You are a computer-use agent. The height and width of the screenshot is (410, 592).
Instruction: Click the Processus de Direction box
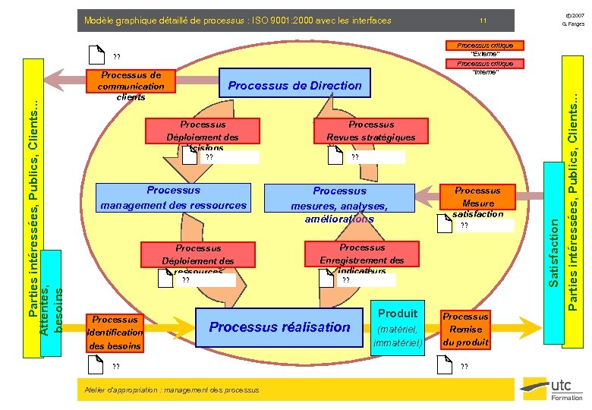[294, 85]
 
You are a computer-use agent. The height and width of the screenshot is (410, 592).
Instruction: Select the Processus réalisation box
[279, 327]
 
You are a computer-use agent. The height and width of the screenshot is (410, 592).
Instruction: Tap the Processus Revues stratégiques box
[371, 131]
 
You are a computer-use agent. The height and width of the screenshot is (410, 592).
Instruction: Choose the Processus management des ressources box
[174, 197]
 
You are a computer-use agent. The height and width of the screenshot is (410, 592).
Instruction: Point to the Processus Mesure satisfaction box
[477, 202]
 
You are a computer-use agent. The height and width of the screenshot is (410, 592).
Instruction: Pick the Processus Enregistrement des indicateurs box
[362, 258]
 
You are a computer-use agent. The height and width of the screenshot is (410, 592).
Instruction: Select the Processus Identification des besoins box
[115, 333]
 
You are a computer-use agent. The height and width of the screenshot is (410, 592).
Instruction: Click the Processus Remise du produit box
[465, 330]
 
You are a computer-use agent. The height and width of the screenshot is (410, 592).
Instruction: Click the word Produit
[398, 313]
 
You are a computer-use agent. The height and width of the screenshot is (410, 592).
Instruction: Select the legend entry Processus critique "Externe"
[485, 49]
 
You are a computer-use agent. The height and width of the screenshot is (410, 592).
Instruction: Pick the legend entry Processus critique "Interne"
[485, 68]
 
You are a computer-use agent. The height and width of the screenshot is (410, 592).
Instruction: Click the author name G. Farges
[574, 25]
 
